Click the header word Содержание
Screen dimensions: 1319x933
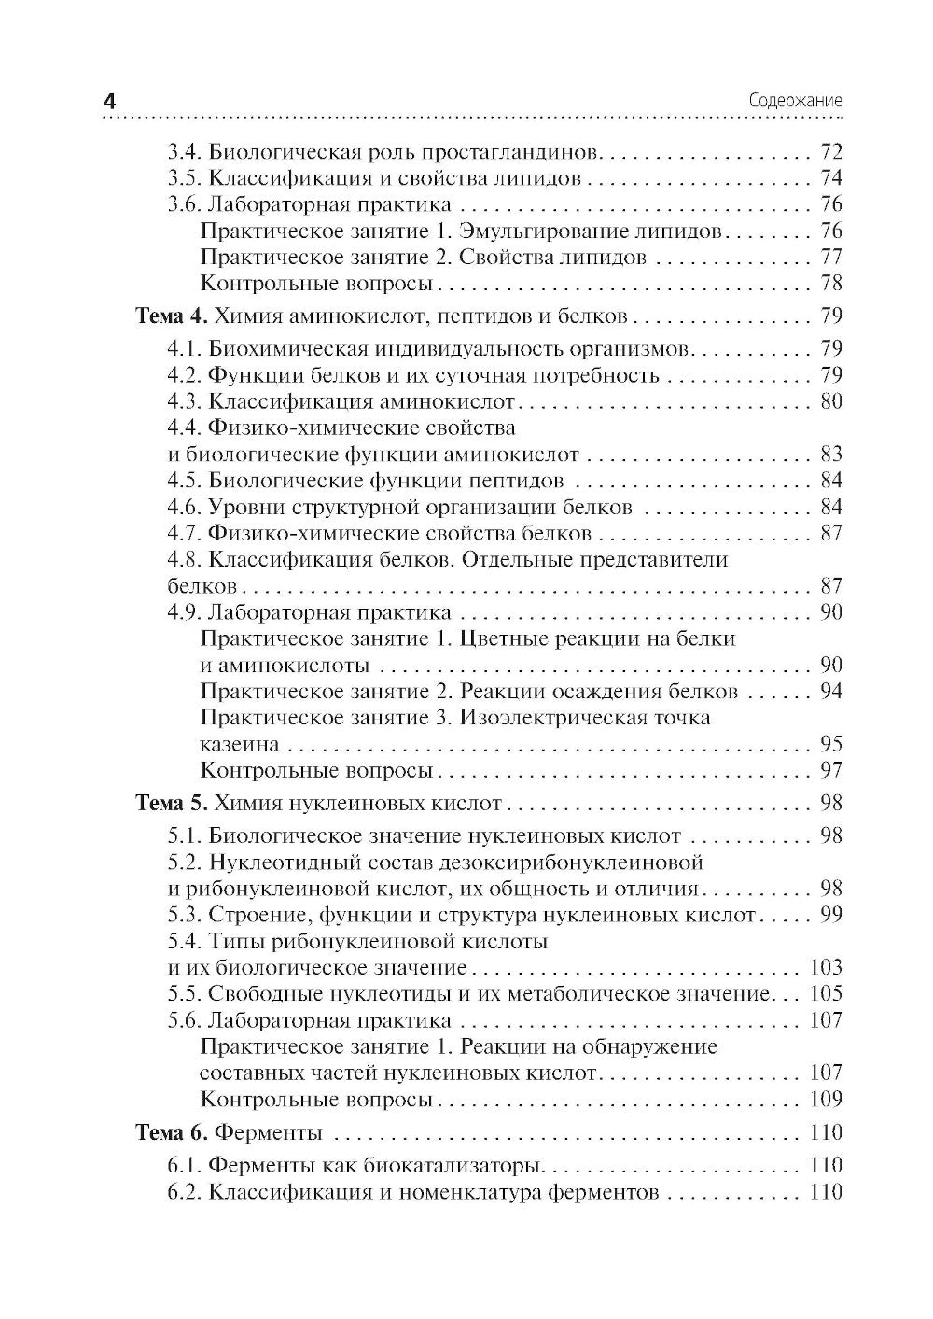coord(796,102)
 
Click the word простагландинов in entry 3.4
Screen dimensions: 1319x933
coord(513,152)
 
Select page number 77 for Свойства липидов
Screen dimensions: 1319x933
coord(830,257)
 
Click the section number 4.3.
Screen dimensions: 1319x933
coord(185,401)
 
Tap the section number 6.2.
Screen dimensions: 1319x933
coord(185,1192)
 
